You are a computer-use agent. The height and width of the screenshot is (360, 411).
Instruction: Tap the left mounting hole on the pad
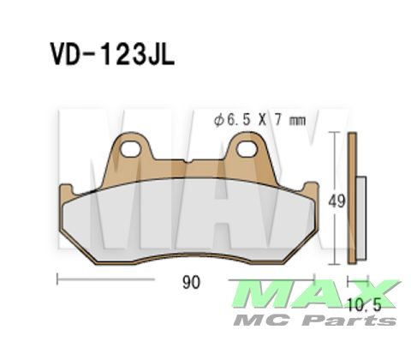[131, 152]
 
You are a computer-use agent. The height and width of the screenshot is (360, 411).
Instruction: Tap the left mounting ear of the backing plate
[131, 159]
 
